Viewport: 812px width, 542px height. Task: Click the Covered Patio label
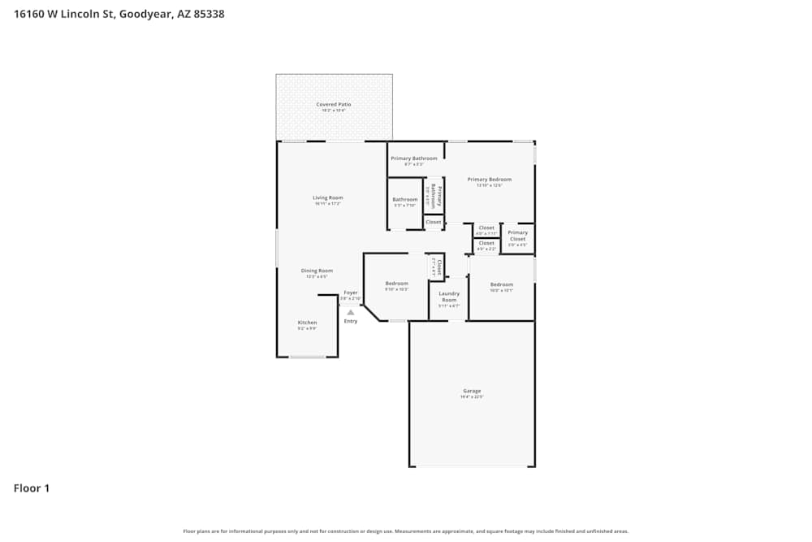(x=334, y=105)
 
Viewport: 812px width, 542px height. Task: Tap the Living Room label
(x=328, y=197)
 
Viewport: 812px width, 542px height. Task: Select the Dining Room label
(x=317, y=271)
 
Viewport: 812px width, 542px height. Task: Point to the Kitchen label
(x=307, y=323)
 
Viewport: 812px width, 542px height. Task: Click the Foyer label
(x=351, y=293)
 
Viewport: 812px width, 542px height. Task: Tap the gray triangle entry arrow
(x=351, y=312)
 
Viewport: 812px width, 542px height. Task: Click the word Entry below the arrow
(x=351, y=321)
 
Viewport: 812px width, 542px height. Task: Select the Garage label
(x=472, y=391)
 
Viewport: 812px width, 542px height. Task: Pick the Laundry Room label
(x=449, y=297)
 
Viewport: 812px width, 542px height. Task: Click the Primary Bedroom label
(x=490, y=180)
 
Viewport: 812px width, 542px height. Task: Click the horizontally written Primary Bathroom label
(x=414, y=158)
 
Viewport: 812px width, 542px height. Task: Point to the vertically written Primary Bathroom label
(x=434, y=196)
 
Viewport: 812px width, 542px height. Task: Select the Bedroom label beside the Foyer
(x=396, y=284)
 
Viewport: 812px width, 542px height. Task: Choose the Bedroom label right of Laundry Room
(x=502, y=284)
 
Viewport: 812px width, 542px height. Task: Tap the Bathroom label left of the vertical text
(x=404, y=200)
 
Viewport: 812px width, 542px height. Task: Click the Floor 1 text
(x=32, y=488)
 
